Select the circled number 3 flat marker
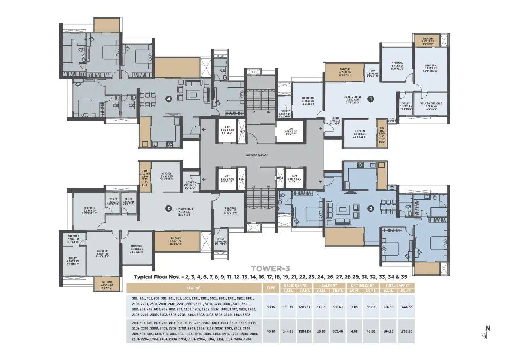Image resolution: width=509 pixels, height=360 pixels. pos(169,209)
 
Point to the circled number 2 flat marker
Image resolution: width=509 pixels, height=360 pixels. pos(371,209)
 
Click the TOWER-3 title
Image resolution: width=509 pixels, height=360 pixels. pos(270,268)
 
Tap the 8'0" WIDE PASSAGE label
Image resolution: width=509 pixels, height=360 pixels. pos(257,155)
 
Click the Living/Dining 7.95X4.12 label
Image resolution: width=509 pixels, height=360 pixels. pos(184,211)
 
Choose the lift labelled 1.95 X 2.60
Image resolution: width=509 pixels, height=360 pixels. pos(227,130)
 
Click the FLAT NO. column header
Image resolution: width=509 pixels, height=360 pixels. pos(194,288)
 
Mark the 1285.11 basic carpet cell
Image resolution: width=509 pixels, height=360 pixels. pos(305,307)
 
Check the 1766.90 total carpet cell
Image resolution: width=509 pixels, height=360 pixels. pos(405,331)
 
